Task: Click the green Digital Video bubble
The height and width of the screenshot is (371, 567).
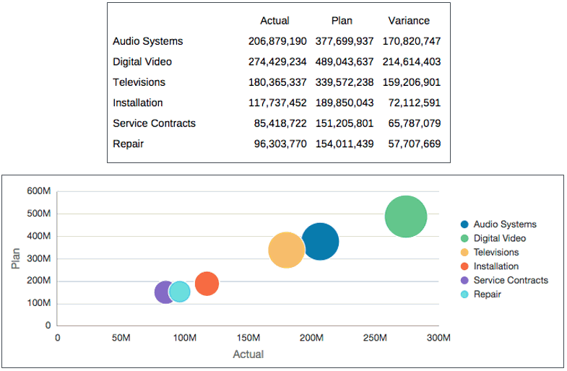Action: coord(406,216)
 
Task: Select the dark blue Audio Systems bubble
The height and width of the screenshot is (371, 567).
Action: coord(320,242)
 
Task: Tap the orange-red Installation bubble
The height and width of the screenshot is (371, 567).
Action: coord(207,284)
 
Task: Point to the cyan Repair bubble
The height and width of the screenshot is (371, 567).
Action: coord(180,292)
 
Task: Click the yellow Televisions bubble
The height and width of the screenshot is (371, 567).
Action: coord(286,250)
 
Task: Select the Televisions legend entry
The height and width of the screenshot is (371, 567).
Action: coord(495,253)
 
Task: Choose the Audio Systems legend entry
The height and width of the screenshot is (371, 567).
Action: coord(504,224)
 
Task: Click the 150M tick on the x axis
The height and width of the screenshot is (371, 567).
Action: coord(248,338)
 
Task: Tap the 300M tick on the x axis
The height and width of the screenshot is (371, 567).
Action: coord(438,338)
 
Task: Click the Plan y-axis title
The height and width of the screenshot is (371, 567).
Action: coord(16,258)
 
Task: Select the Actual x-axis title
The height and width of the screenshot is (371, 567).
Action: coord(248,354)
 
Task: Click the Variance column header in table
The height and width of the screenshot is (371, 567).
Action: coord(408,20)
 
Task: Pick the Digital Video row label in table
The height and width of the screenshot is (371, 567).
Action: coord(142,62)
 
